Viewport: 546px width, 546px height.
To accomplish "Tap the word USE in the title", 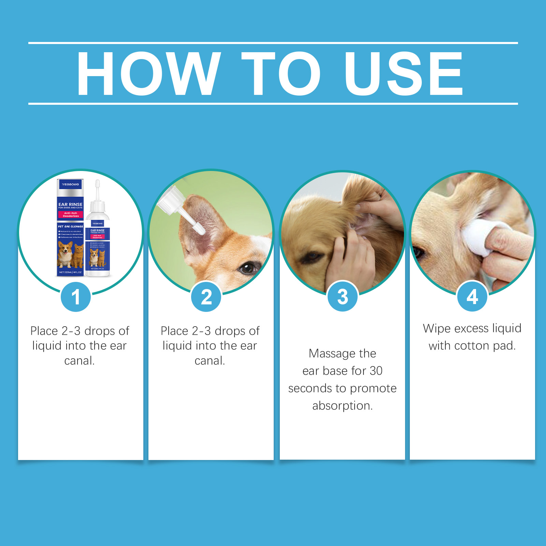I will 403,73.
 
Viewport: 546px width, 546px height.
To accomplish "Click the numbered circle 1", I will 76,297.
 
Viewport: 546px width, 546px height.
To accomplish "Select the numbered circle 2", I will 206,297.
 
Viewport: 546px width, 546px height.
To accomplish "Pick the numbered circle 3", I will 342,297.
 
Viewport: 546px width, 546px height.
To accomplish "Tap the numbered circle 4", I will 472,297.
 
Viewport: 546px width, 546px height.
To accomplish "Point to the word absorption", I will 342,406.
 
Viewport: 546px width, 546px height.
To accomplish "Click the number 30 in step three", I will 376,371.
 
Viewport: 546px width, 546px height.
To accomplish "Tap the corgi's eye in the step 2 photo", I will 247,268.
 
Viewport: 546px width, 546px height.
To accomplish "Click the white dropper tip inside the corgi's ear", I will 199,228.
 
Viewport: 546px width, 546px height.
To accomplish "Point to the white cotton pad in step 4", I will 478,235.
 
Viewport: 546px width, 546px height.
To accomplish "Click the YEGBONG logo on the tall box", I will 70,184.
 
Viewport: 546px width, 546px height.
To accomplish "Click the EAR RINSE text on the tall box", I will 70,204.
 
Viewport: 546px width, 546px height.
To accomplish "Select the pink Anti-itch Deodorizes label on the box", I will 71,214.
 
